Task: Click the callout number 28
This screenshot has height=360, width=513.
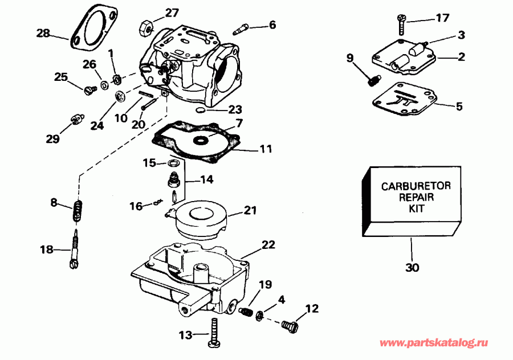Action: [x=43, y=34]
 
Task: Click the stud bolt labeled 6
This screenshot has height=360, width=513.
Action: [x=243, y=27]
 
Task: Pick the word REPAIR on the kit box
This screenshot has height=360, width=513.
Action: [x=408, y=197]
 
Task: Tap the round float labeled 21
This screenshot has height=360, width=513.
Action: [x=202, y=216]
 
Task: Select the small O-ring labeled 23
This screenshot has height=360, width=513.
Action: [x=199, y=108]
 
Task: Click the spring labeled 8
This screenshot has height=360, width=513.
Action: [x=77, y=211]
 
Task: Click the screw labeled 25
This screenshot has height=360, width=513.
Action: [x=88, y=89]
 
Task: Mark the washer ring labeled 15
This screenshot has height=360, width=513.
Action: [x=174, y=164]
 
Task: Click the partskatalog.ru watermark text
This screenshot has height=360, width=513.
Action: [x=434, y=343]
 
